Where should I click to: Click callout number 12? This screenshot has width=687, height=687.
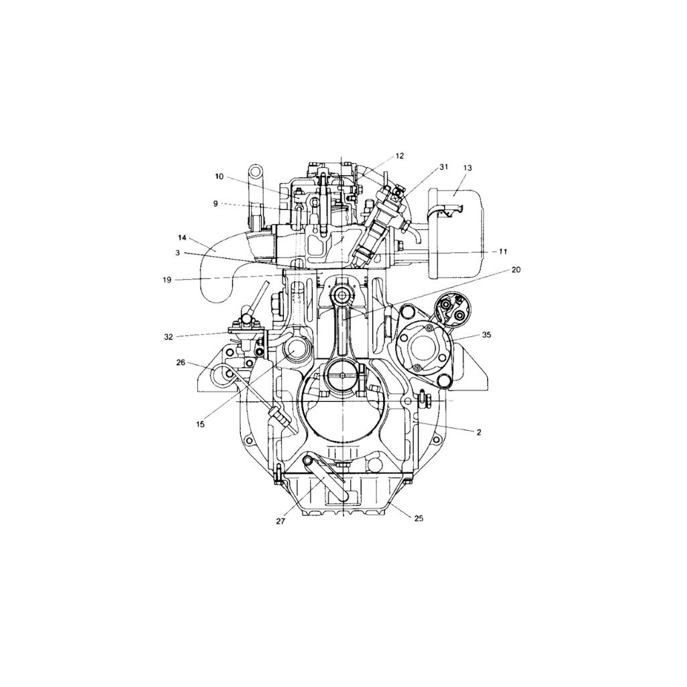(400, 156)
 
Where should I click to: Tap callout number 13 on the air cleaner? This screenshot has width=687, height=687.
(468, 168)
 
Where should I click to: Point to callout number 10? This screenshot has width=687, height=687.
(219, 176)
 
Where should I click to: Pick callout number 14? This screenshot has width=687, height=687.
(182, 237)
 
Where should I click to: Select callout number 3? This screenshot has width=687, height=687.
(178, 252)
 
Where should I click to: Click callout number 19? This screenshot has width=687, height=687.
(167, 280)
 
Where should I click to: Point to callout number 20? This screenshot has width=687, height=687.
(515, 269)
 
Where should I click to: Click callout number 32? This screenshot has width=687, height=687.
(168, 336)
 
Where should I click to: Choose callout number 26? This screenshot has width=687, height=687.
(180, 362)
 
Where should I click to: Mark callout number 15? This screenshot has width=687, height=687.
(200, 424)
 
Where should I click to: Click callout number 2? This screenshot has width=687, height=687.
(478, 433)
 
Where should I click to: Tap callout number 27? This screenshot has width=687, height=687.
(280, 521)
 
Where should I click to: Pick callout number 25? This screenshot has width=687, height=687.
(419, 518)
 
